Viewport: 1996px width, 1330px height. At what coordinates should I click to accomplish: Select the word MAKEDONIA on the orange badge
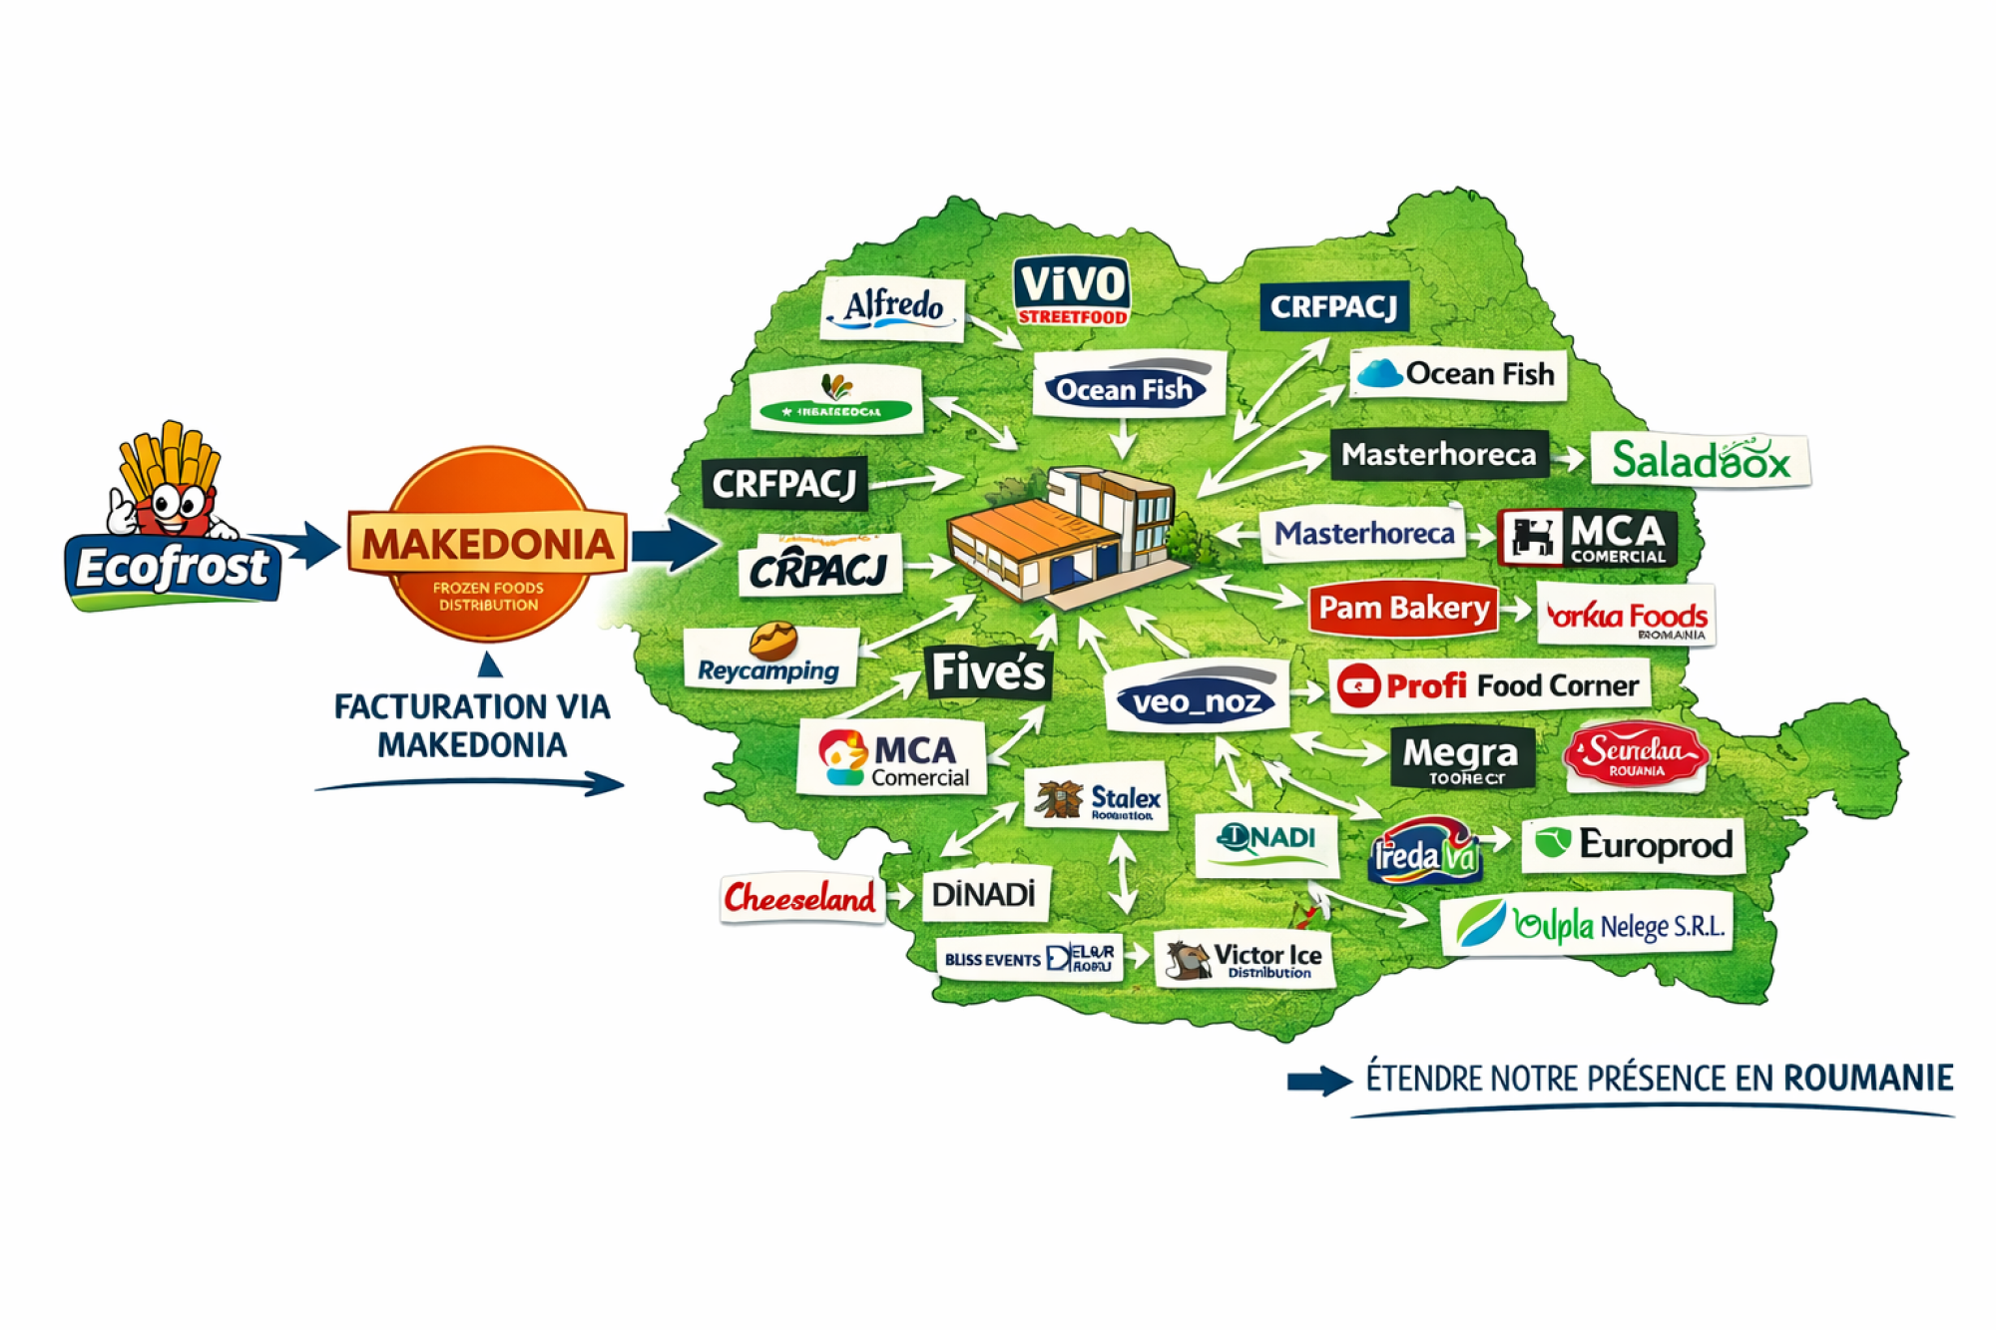click(487, 544)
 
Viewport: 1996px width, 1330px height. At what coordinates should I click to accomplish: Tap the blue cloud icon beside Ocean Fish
click(1380, 374)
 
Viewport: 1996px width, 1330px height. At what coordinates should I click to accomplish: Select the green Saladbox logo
click(1700, 461)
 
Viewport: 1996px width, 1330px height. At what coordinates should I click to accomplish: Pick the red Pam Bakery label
click(1403, 608)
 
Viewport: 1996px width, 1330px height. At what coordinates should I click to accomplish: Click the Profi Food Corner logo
click(1489, 685)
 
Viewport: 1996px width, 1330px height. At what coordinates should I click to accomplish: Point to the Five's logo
click(987, 671)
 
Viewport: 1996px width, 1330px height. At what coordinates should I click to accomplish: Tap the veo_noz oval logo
click(1197, 700)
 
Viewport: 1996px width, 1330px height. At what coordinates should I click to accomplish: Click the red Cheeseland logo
click(800, 898)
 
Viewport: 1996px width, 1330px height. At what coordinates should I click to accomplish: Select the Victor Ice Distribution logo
click(1245, 960)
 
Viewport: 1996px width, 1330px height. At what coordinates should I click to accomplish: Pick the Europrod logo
click(1634, 845)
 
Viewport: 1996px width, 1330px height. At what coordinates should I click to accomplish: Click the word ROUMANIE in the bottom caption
click(1867, 1079)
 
